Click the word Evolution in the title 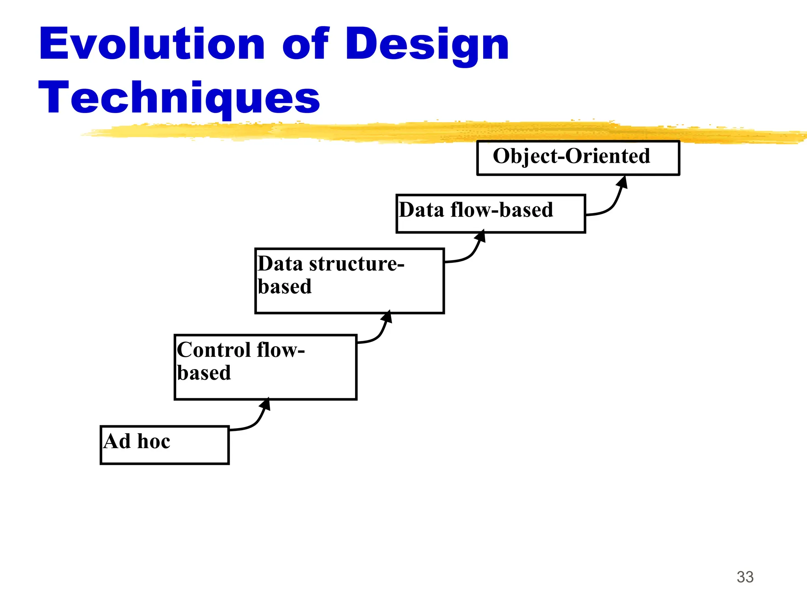point(152,44)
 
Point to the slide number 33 point(745,577)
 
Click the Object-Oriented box point(578,158)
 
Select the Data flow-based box point(490,213)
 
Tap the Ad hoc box point(164,445)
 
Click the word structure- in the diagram point(357,264)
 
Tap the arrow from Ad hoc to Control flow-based point(254,422)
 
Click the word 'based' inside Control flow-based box point(204,373)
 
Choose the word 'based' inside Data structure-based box point(284,286)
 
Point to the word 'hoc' point(154,441)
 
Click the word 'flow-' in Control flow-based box point(281,350)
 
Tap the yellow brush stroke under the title point(433,132)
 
